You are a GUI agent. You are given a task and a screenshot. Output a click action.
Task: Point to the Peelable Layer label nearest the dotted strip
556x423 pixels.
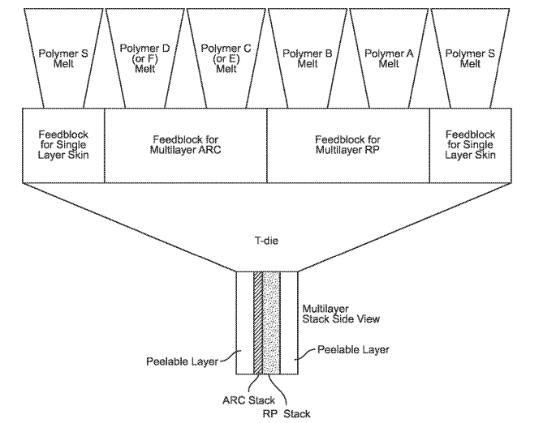(352, 350)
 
